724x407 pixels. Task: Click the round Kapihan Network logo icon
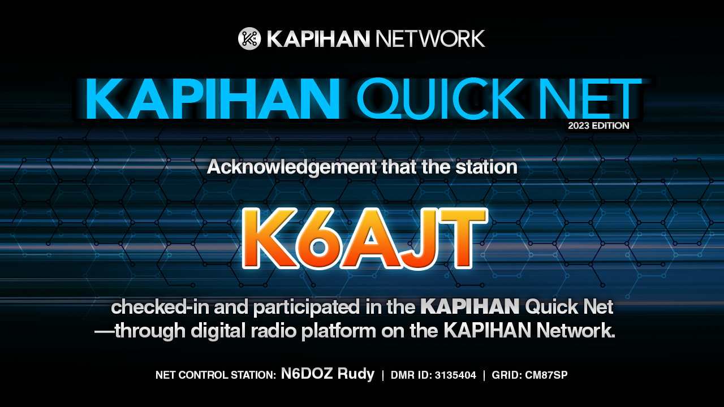click(x=249, y=38)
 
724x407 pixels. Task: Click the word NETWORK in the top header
click(x=430, y=39)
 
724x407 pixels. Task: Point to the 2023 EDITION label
click(x=598, y=125)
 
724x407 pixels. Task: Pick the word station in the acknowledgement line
click(x=486, y=167)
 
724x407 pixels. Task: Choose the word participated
click(x=307, y=308)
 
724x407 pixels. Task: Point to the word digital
click(x=218, y=331)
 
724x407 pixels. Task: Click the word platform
click(x=339, y=331)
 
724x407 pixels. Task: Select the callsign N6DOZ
click(x=307, y=374)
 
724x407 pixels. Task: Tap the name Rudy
click(x=356, y=374)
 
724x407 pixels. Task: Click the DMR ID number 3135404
click(x=455, y=375)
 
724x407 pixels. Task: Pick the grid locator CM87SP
click(x=546, y=375)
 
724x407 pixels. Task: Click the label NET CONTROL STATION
click(x=216, y=375)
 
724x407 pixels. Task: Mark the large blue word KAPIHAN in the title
click(x=213, y=98)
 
